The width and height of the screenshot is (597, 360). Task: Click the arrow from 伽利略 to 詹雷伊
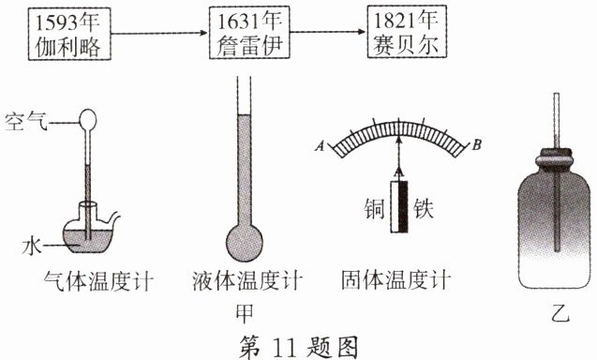159,33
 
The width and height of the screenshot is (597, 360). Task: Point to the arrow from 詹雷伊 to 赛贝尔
328,32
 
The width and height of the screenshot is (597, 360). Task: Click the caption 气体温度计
98,281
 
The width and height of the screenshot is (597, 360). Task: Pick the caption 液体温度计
247,281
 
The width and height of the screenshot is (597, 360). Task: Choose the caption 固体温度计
396,280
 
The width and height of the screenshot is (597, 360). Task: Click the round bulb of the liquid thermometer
245,242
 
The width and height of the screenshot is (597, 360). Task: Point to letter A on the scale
321,145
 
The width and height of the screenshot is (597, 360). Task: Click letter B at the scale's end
476,144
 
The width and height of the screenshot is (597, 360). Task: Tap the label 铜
375,208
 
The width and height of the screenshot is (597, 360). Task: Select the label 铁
424,208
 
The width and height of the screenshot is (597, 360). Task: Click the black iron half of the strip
403,206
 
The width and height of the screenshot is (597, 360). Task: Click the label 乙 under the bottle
560,313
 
